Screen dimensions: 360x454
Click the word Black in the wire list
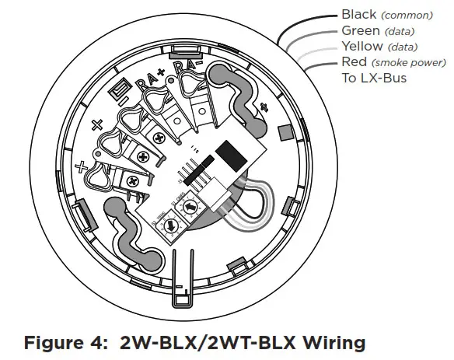point(359,15)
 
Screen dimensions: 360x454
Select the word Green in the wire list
point(361,30)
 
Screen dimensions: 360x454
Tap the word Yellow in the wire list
point(362,46)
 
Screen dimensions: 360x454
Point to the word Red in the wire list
point(354,62)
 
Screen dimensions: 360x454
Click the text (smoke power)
point(404,63)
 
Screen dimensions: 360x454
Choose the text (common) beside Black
point(407,16)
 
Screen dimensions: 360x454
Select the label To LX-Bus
point(375,78)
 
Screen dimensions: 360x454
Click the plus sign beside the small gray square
point(267,107)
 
